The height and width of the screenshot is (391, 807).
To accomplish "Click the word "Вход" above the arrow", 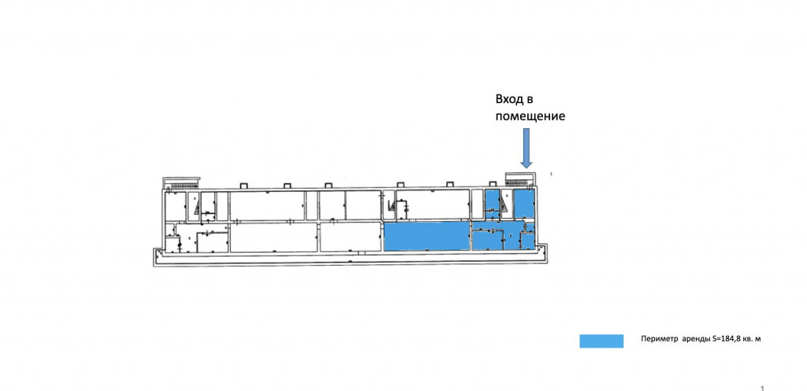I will tap(508, 100).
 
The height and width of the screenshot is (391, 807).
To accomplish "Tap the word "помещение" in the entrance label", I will tap(530, 116).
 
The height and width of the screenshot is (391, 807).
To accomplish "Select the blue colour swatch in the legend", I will tap(601, 340).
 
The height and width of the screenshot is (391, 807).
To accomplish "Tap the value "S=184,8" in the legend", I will tap(729, 339).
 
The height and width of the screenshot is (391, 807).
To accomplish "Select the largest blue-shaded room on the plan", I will tap(426, 236).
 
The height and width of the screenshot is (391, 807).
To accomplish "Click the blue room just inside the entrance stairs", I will tap(523, 205).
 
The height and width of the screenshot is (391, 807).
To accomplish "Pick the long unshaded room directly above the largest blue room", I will tap(432, 205).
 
